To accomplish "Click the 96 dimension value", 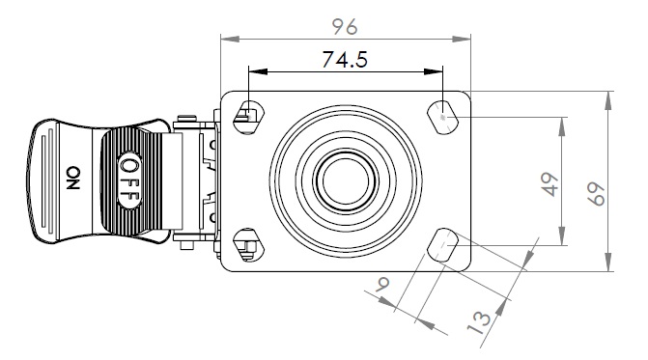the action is click(345, 27).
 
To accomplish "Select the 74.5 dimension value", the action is click(345, 60).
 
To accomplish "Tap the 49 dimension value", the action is click(550, 184).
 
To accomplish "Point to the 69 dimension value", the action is click(597, 194).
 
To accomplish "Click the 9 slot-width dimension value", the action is click(382, 284).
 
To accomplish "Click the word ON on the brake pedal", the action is click(73, 178).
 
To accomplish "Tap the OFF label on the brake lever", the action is click(129, 180).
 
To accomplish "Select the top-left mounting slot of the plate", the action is click(248, 117).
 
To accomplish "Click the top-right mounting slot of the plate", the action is click(442, 118).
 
